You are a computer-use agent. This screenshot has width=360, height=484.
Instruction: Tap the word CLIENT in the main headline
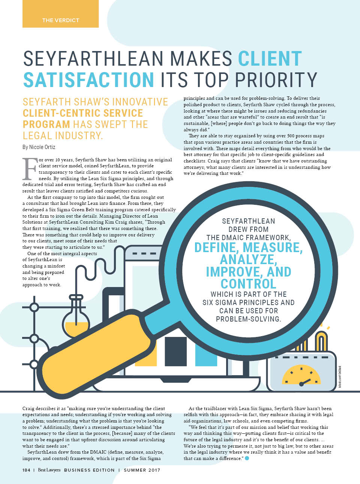(x=270, y=59)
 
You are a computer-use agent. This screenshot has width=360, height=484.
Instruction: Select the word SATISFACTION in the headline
(x=88, y=80)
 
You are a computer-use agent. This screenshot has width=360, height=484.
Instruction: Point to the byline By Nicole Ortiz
(x=39, y=147)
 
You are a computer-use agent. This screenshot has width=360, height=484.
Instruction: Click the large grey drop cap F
(x=30, y=168)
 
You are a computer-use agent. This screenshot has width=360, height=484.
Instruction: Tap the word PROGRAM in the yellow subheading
(x=46, y=124)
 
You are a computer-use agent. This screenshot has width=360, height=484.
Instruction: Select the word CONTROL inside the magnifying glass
(x=248, y=284)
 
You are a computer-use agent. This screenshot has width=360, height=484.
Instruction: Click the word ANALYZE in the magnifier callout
(x=248, y=259)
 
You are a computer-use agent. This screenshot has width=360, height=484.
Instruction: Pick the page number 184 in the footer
(x=26, y=470)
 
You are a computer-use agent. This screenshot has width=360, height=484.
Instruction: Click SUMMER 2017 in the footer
(x=142, y=470)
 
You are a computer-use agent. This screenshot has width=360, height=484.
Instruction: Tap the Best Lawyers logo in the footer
(x=49, y=470)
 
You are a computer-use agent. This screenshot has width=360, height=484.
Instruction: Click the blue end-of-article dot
(x=247, y=458)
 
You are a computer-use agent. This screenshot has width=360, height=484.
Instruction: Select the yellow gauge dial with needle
(x=301, y=375)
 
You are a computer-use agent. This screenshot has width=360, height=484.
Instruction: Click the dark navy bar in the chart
(x=175, y=351)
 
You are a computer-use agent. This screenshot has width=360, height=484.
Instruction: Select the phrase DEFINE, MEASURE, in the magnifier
(x=248, y=248)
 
